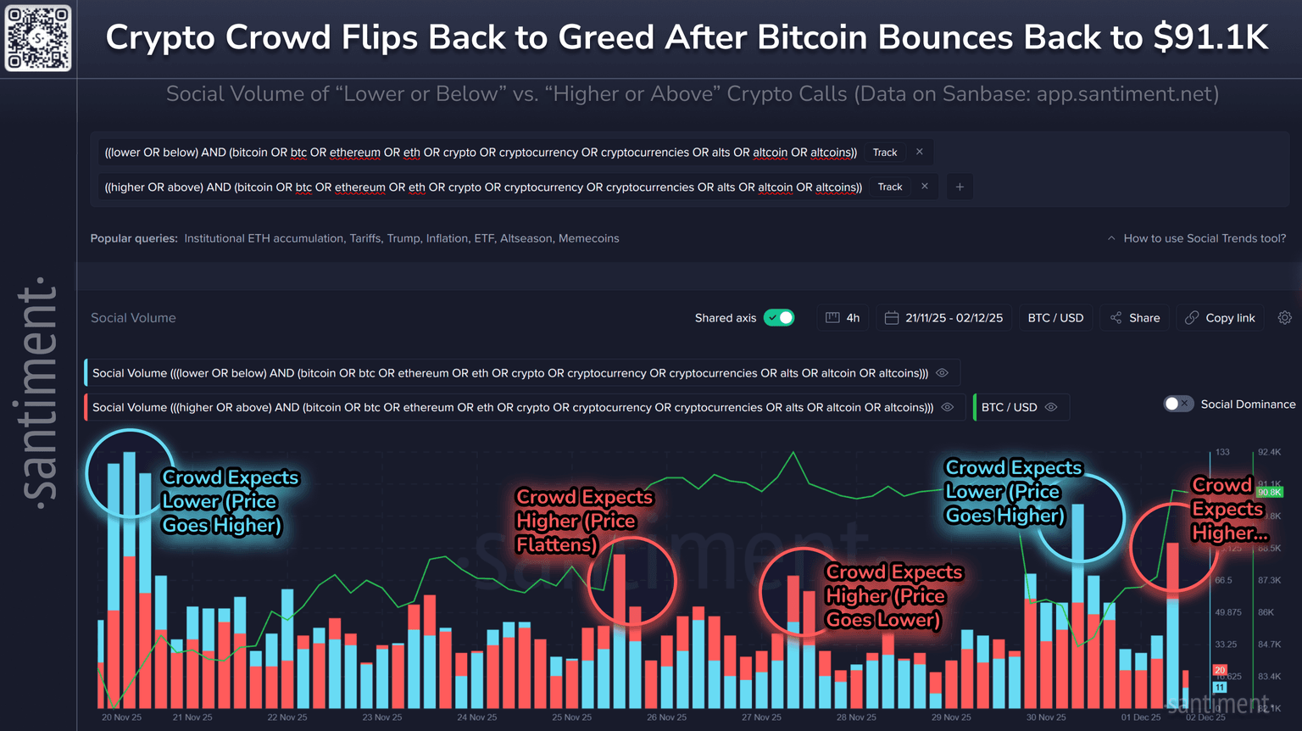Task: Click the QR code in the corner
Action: (38, 38)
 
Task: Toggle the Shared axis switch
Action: (778, 318)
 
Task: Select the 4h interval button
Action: (843, 318)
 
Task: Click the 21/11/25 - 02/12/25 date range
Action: (944, 318)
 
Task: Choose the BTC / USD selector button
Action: (1055, 318)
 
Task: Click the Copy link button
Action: (1220, 318)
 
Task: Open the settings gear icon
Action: (1285, 318)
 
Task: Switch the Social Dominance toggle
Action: (1178, 405)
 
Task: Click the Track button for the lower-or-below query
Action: (885, 153)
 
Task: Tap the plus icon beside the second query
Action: (960, 187)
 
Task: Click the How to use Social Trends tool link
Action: (1204, 238)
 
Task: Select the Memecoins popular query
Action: (588, 238)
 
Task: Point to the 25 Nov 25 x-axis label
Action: (572, 717)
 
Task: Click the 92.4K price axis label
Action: (1269, 453)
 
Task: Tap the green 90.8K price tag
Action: (1269, 492)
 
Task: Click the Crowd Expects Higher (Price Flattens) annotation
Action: (583, 521)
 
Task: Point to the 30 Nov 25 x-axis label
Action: (1046, 717)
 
